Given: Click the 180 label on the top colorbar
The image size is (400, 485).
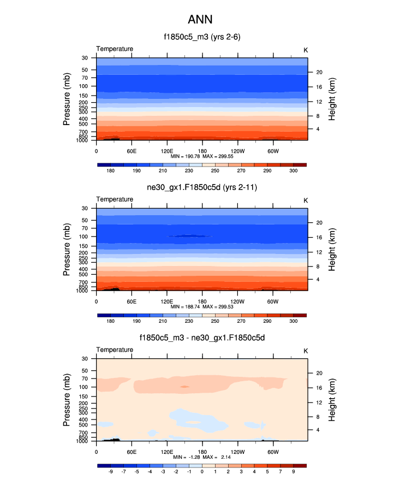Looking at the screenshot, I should pyautogui.click(x=111, y=171).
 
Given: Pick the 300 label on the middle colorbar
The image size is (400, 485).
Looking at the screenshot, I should pyautogui.click(x=293, y=322).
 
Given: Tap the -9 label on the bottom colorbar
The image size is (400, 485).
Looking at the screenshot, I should pyautogui.click(x=111, y=471).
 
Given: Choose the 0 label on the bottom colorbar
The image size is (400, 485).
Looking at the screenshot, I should pyautogui.click(x=202, y=471).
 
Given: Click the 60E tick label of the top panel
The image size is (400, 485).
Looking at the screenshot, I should pyautogui.click(x=131, y=151).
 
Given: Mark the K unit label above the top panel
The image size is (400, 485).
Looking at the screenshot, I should pyautogui.click(x=306, y=50).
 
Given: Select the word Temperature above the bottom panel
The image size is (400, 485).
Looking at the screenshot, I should pyautogui.click(x=115, y=350).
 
